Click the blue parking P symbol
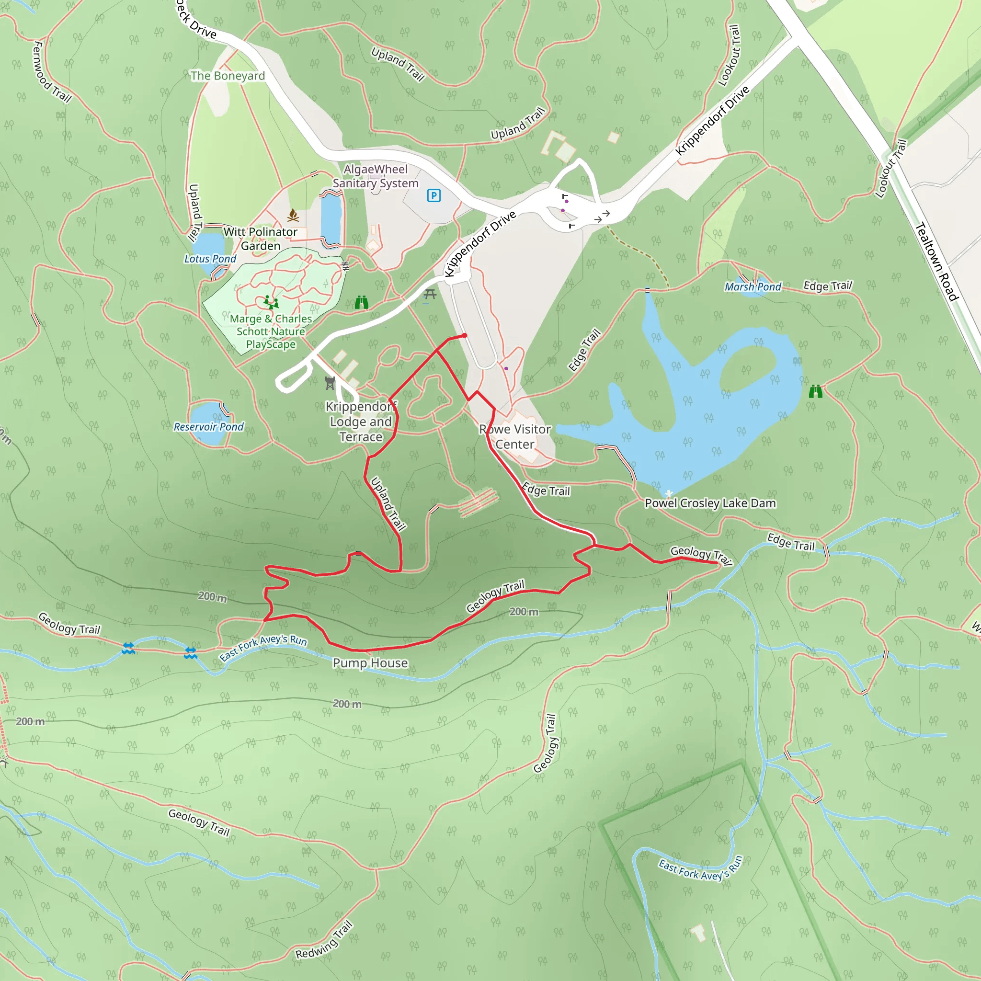coord(433,195)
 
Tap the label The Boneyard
coord(228,76)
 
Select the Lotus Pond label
coord(210,259)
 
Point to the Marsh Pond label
coord(753,287)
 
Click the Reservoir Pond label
coord(209,426)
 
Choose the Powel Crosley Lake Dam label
coord(710,503)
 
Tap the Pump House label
coord(370,662)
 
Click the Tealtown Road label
coord(936,262)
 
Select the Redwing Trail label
coord(324,940)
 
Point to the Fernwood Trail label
coord(51,72)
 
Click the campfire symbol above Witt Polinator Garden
coord(293,216)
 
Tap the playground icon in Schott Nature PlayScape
coord(271,303)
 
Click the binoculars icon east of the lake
coord(815,391)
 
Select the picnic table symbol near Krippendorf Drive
coord(430,294)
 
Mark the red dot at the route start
coord(465,336)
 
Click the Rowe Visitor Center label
coord(515,437)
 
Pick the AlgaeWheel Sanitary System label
coord(376,176)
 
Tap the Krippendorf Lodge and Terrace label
coord(361,422)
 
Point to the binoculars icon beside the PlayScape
coord(362,303)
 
